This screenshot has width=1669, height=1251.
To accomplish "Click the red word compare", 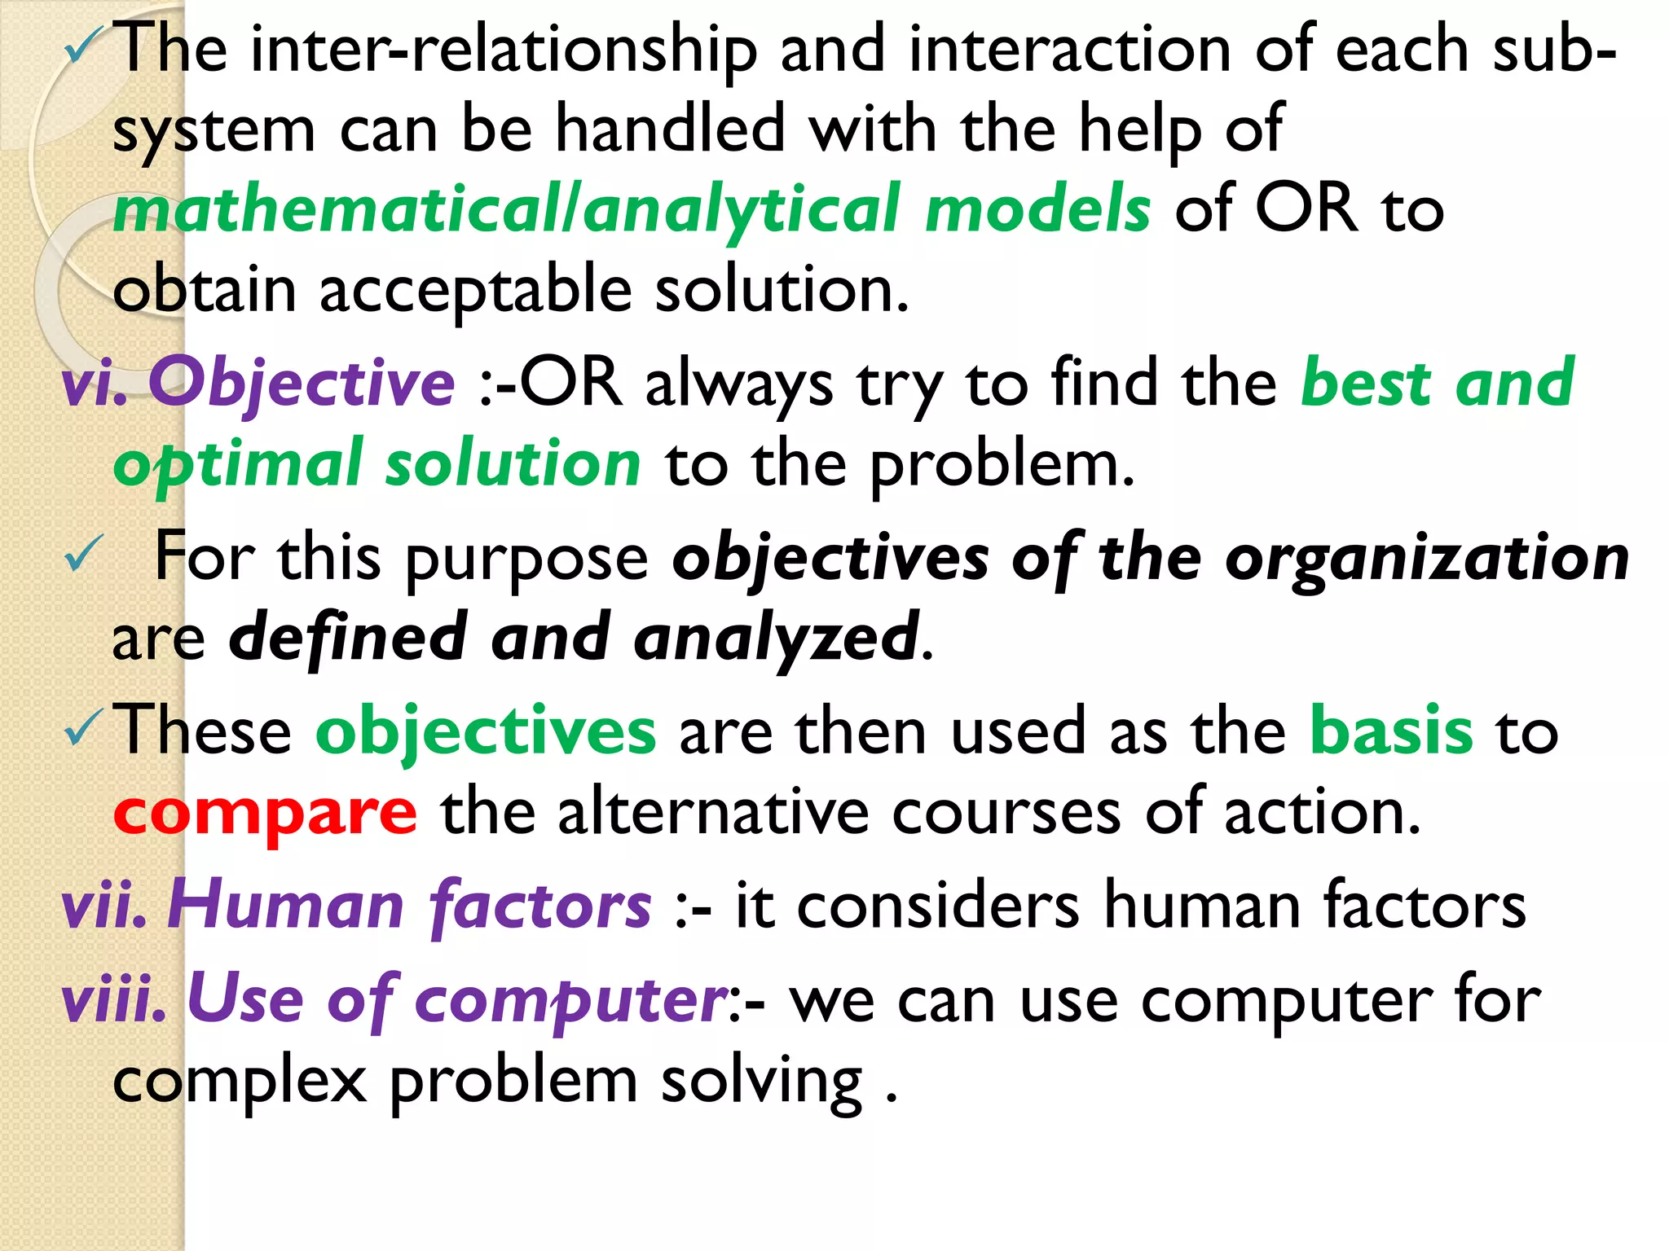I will pos(265,813).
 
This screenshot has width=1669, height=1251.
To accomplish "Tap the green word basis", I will pos(1391,731).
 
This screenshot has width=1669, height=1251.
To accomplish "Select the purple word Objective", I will pos(302,383).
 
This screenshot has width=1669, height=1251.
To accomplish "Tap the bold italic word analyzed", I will pos(777,638).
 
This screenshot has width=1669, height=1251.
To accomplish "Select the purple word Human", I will pos(285,905).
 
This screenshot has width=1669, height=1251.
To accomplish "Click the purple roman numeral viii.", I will pos(114,999).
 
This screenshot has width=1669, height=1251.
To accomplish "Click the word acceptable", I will pos(476,291).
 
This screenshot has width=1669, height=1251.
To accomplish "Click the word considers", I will pos(937,906).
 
